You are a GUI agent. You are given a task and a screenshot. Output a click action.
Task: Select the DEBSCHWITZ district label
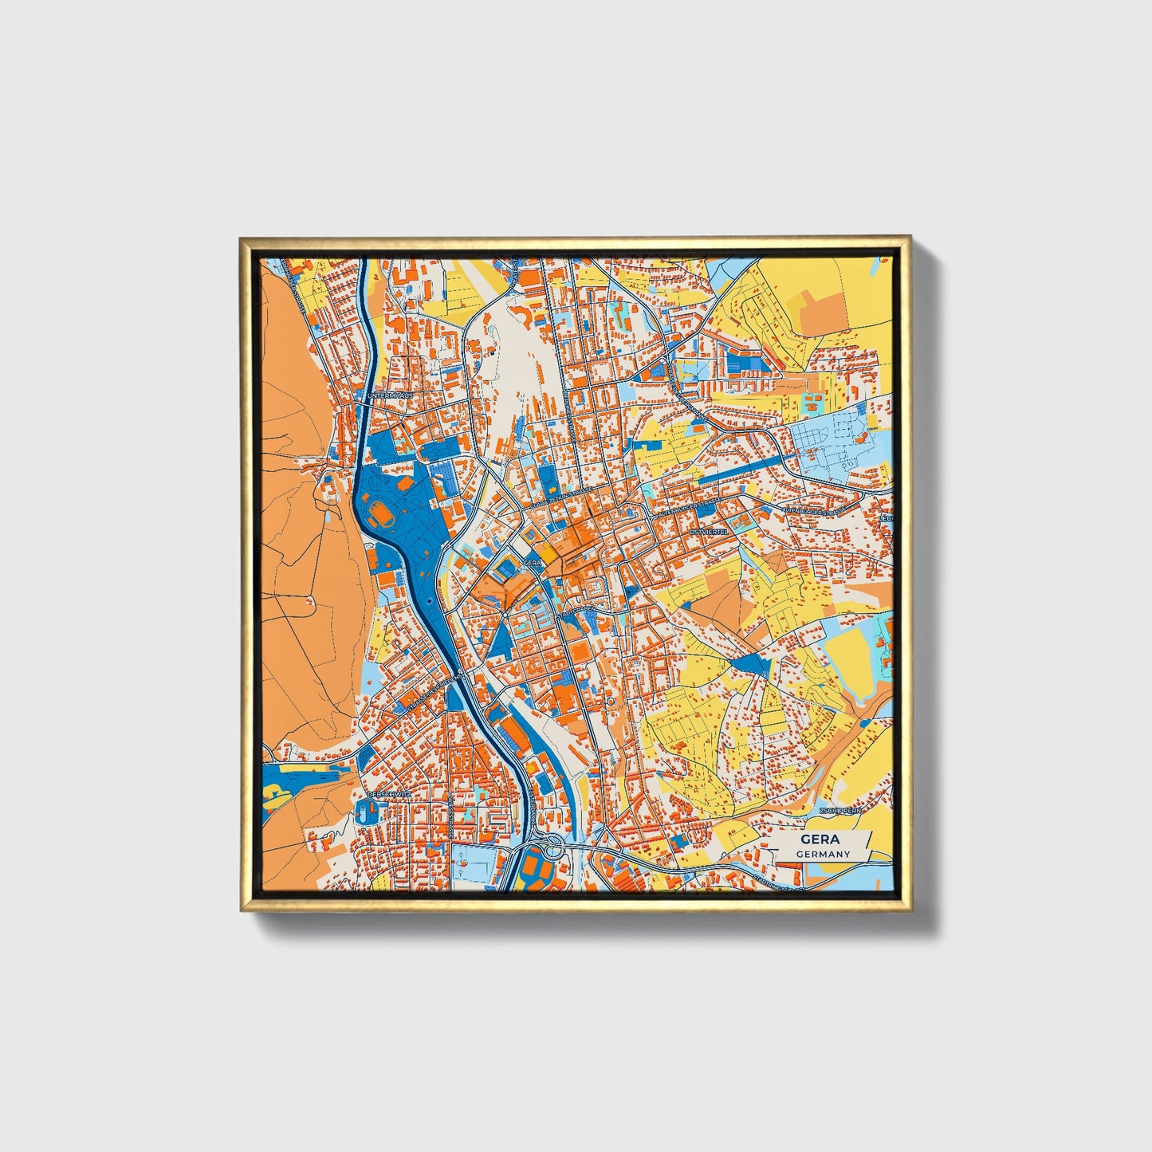point(389,794)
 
